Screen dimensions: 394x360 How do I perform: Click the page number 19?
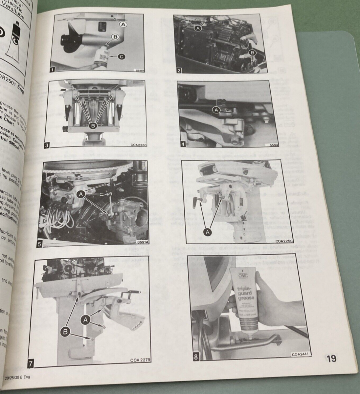[x=331, y=358]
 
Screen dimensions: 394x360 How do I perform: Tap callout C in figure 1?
[x=121, y=57]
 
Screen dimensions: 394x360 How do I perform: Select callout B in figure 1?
[x=115, y=37]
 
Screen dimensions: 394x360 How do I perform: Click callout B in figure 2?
[x=252, y=53]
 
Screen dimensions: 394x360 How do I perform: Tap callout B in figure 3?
[x=93, y=125]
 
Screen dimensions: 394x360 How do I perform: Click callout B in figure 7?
[x=65, y=333]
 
